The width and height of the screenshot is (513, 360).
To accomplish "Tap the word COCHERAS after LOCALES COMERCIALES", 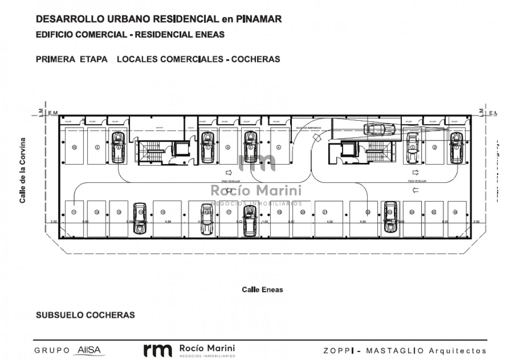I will [256, 59].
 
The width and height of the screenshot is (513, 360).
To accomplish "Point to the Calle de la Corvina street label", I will [23, 170].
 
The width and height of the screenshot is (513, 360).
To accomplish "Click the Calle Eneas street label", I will [262, 290].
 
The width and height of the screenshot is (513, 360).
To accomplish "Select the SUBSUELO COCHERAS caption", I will [85, 315].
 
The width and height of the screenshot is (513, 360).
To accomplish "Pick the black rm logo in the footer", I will [157, 350].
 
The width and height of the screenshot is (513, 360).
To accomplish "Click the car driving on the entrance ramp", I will [380, 129].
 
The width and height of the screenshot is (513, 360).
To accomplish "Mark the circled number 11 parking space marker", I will [74, 212].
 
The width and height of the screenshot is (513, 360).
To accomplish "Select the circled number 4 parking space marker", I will [279, 147].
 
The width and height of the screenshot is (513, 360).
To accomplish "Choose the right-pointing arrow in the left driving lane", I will [228, 172].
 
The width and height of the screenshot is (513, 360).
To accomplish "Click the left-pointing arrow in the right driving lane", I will [415, 190].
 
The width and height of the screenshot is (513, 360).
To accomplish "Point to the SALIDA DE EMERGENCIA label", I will [308, 128].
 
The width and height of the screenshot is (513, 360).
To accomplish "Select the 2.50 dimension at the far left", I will [53, 222].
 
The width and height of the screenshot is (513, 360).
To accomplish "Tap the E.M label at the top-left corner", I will [53, 113].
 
